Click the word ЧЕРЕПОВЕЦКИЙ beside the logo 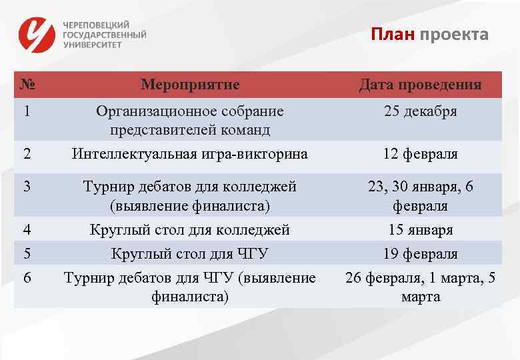[x=96, y=24]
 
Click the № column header [x=27, y=85]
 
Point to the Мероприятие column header [x=190, y=85]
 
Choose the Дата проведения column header [x=420, y=85]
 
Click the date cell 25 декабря [x=420, y=111]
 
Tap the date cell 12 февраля [x=420, y=154]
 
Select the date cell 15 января [x=420, y=230]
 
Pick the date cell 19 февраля [x=420, y=254]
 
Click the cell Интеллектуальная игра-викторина [x=190, y=154]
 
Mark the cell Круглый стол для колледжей [x=190, y=230]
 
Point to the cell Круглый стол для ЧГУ [x=190, y=254]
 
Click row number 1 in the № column [x=27, y=111]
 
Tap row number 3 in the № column [x=27, y=187]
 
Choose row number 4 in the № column [x=27, y=230]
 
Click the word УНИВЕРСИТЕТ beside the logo [x=93, y=45]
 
